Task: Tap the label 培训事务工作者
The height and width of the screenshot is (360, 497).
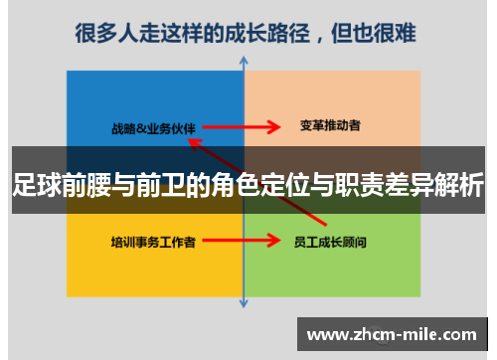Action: (x=152, y=241)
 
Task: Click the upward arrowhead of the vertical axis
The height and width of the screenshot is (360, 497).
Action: (x=244, y=62)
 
